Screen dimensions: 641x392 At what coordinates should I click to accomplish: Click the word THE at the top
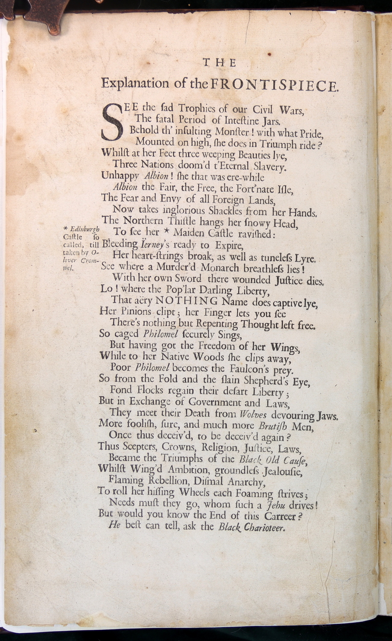click(x=219, y=63)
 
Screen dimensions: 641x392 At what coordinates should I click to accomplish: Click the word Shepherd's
click(x=265, y=380)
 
